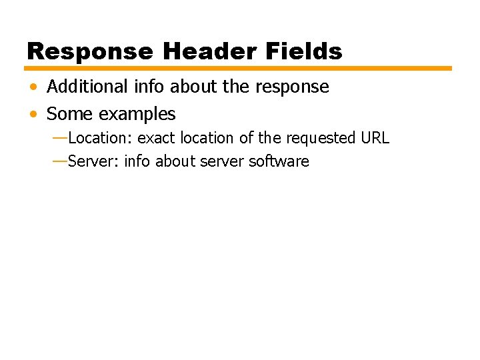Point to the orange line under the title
point(238,68)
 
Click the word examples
point(137,115)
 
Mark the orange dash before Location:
point(59,138)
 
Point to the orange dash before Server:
point(59,161)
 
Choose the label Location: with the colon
point(100,138)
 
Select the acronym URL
point(375,138)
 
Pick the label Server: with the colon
point(93,161)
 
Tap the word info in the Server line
point(137,161)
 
